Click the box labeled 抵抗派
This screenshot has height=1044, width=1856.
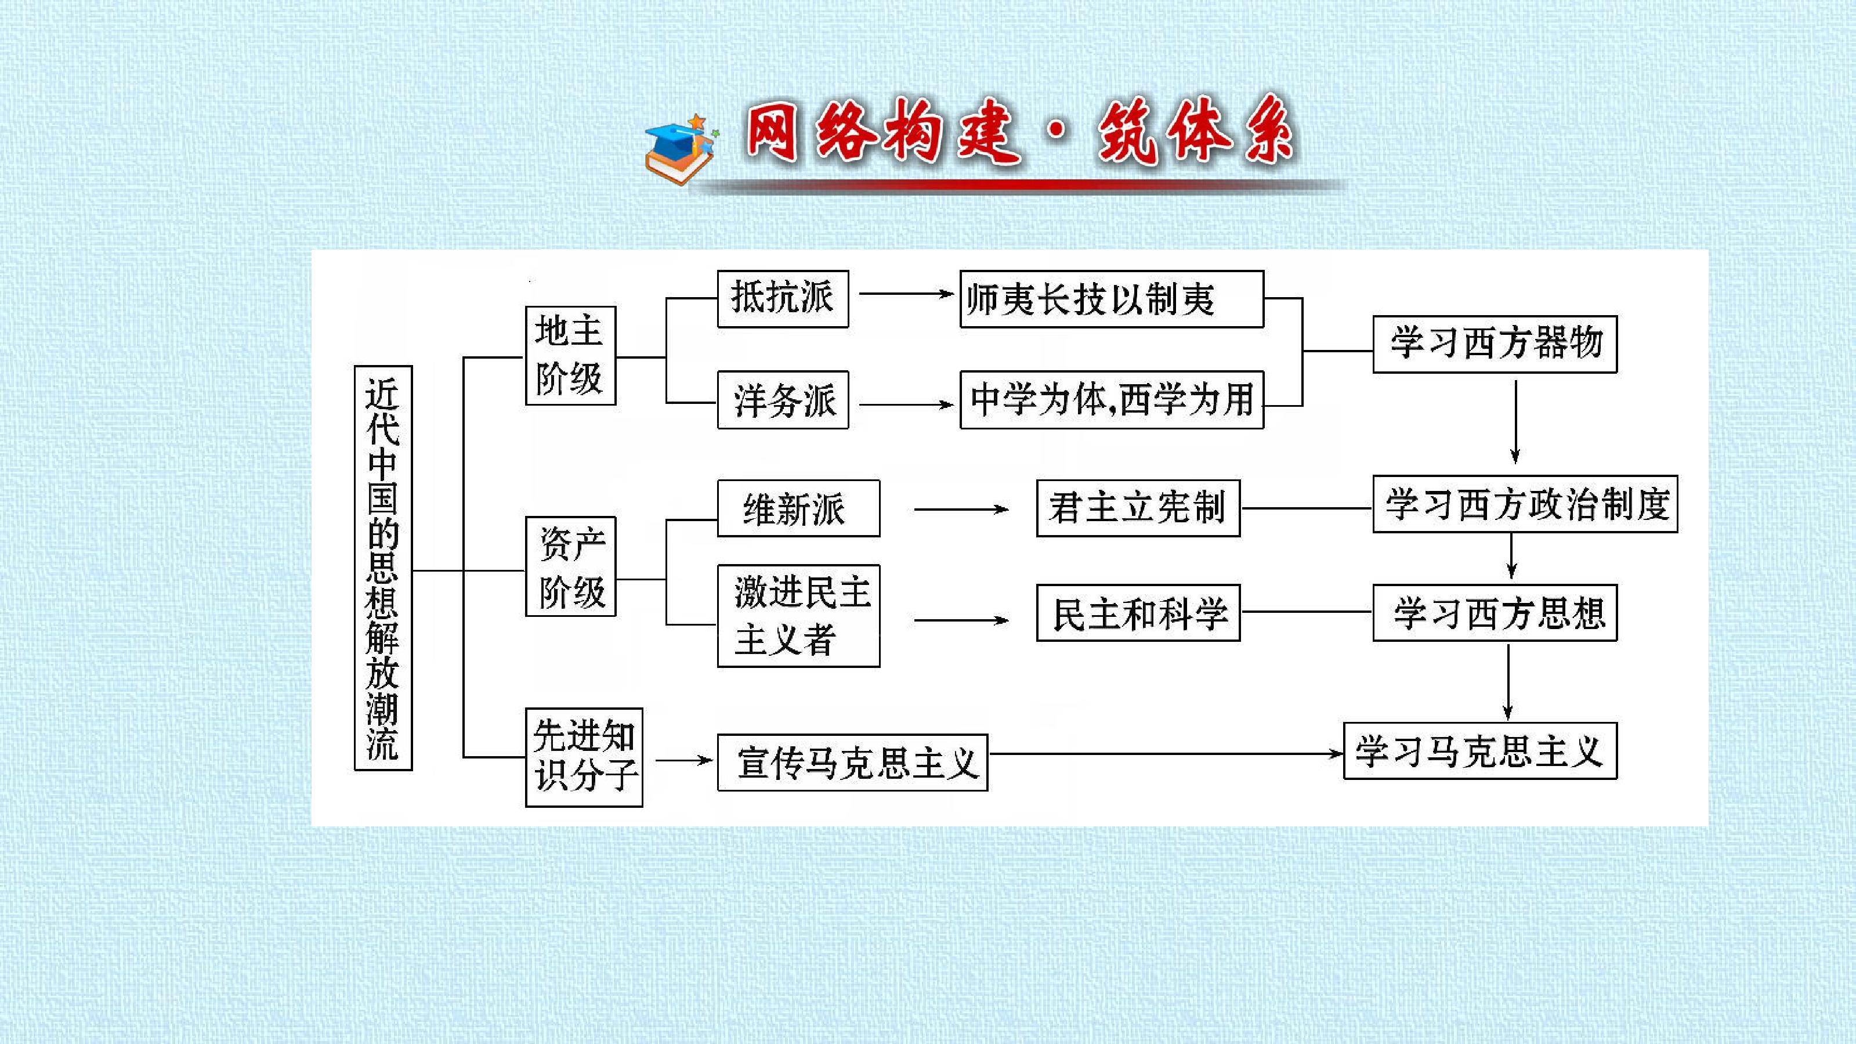pos(783,299)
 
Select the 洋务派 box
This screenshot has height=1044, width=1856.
pos(783,400)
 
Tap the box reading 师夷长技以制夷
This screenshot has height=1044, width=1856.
pos(1112,299)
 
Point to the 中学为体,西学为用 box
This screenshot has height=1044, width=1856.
pos(1112,400)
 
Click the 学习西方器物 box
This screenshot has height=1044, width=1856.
pos(1495,344)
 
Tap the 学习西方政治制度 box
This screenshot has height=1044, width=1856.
pos(1525,504)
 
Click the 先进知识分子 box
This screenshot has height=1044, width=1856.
pos(584,757)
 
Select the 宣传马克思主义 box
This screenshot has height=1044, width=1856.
pos(852,763)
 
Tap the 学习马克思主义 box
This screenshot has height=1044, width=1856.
pos(1480,751)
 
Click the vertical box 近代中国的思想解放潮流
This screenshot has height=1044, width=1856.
pos(383,568)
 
